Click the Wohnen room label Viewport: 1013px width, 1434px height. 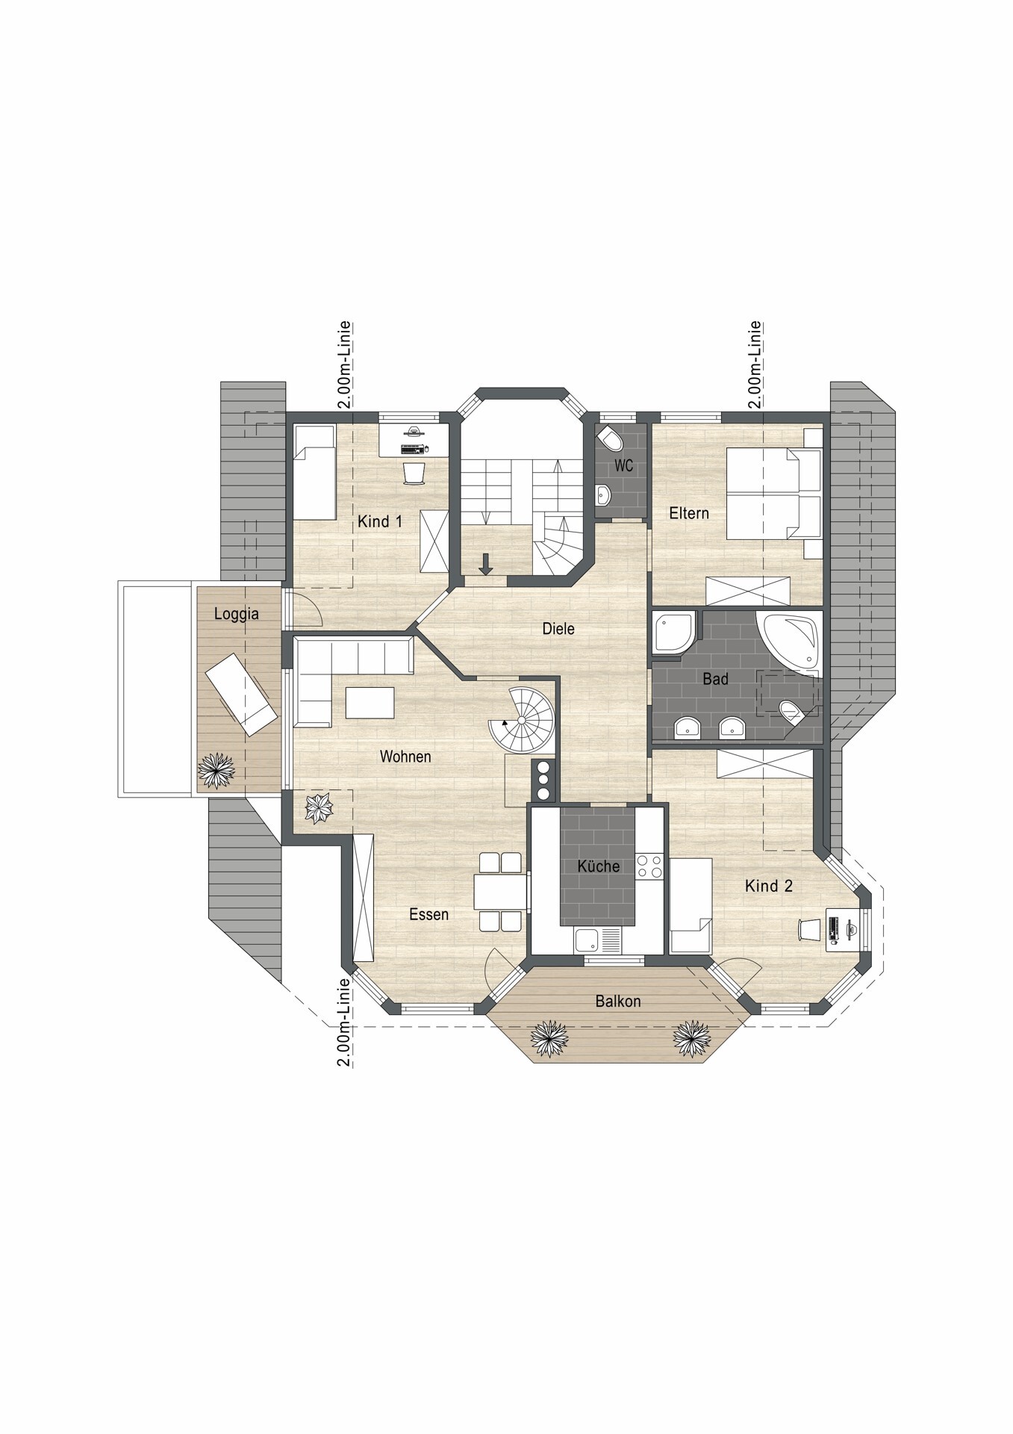click(405, 757)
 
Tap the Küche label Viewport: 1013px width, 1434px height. click(599, 866)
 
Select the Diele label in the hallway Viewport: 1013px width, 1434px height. click(558, 629)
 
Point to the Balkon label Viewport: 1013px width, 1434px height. click(618, 1001)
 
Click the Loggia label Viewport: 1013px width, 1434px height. click(237, 613)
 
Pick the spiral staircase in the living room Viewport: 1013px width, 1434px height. click(522, 721)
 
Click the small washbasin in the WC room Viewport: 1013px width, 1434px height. click(604, 494)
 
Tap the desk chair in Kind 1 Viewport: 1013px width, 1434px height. click(415, 473)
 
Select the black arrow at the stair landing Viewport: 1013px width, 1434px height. click(486, 564)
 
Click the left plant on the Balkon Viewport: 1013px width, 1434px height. click(549, 1039)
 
